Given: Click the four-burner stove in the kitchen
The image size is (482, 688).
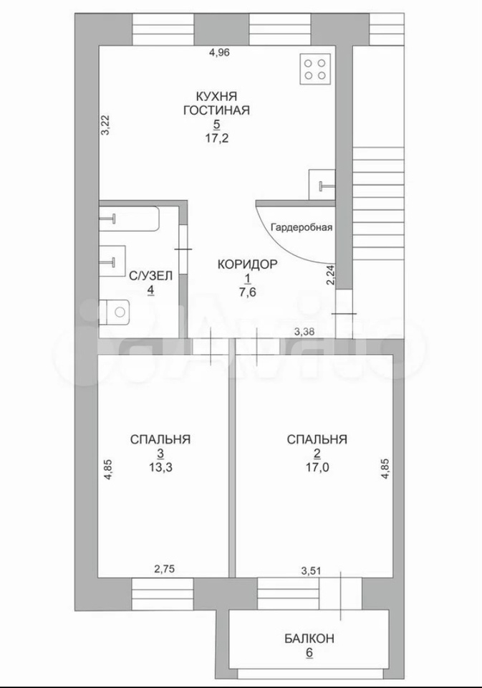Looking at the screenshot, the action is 315,69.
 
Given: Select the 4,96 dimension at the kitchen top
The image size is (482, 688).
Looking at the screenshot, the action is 220,52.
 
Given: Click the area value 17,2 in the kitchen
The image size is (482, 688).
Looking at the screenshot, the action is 216,138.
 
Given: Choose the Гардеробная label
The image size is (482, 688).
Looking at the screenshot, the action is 302,227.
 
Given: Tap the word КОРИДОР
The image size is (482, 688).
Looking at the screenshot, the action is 248,264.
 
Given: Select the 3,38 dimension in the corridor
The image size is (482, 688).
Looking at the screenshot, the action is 304,332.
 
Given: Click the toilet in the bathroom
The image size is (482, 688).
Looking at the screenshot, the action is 115,312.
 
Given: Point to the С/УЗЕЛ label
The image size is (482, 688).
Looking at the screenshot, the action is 150,275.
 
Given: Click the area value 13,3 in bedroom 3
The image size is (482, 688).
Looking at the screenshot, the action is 160,468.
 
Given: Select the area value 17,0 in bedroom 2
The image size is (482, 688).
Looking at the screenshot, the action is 317,468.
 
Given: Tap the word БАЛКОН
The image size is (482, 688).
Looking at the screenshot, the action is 309,638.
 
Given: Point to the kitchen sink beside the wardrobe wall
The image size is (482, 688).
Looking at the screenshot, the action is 322,186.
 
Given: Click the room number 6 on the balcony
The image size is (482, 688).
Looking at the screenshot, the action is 309,652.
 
